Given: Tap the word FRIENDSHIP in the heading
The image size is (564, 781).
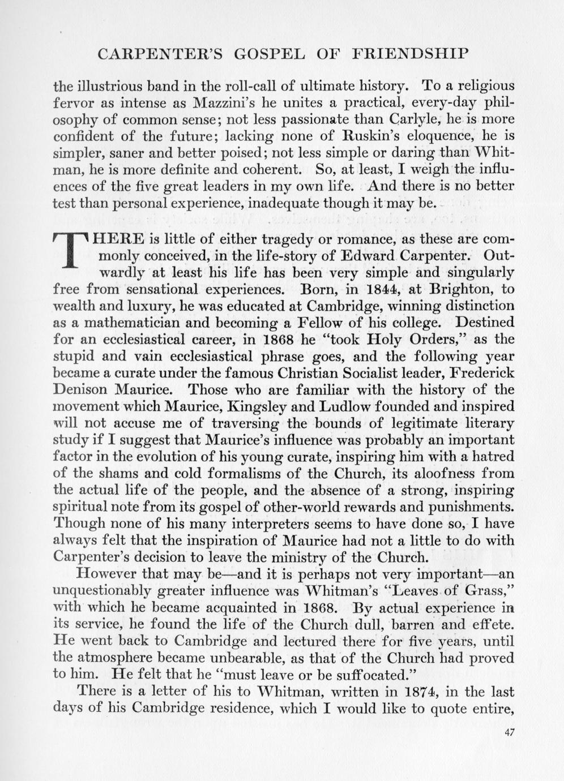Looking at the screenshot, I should [410, 54].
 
